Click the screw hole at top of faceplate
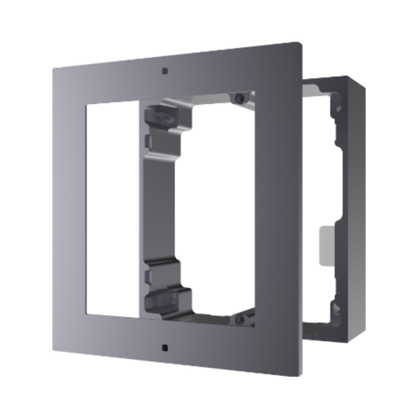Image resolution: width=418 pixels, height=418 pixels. pos(165,71)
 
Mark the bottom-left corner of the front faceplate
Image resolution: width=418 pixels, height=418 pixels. pos(53,350)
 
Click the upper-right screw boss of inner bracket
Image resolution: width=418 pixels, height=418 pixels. pos(240,98)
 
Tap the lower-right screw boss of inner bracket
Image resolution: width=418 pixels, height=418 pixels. pos(241,319)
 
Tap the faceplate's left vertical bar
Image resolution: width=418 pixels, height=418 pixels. pos(70,208)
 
